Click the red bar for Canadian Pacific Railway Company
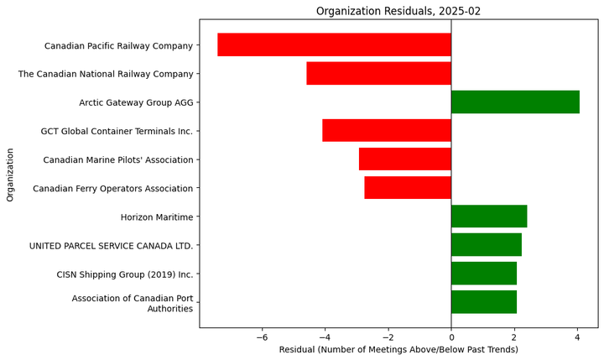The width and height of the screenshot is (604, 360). pyautogui.click(x=334, y=44)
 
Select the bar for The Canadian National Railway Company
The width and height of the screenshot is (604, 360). pyautogui.click(x=378, y=73)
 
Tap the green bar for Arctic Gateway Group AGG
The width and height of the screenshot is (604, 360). pyautogui.click(x=515, y=102)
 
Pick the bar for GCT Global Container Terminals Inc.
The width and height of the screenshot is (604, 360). pyautogui.click(x=387, y=130)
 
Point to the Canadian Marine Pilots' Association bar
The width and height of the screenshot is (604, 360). pyautogui.click(x=404, y=159)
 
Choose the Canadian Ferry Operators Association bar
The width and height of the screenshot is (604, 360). pyautogui.click(x=408, y=187)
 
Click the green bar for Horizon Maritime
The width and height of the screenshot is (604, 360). pyautogui.click(x=489, y=216)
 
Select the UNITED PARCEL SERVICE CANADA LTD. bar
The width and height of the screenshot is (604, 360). pyautogui.click(x=487, y=244)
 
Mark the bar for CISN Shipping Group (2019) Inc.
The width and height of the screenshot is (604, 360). pyautogui.click(x=484, y=273)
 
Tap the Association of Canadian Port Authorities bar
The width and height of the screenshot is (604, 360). pyautogui.click(x=484, y=301)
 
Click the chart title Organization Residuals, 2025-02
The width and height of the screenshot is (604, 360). pyautogui.click(x=398, y=11)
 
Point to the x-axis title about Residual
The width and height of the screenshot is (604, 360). pyautogui.click(x=398, y=349)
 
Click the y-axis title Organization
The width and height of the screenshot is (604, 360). pyautogui.click(x=11, y=175)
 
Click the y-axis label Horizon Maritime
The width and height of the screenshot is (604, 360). pyautogui.click(x=157, y=217)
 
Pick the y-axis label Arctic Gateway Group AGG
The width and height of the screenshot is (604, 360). pyautogui.click(x=136, y=103)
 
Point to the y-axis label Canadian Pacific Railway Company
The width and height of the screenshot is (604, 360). pyautogui.click(x=118, y=46)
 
